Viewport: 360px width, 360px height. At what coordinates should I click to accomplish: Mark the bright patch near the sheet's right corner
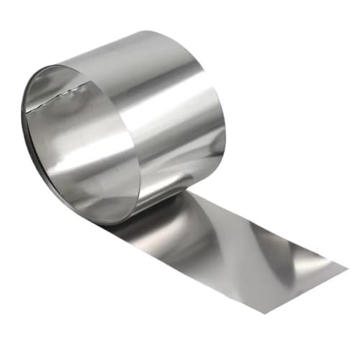317,263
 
